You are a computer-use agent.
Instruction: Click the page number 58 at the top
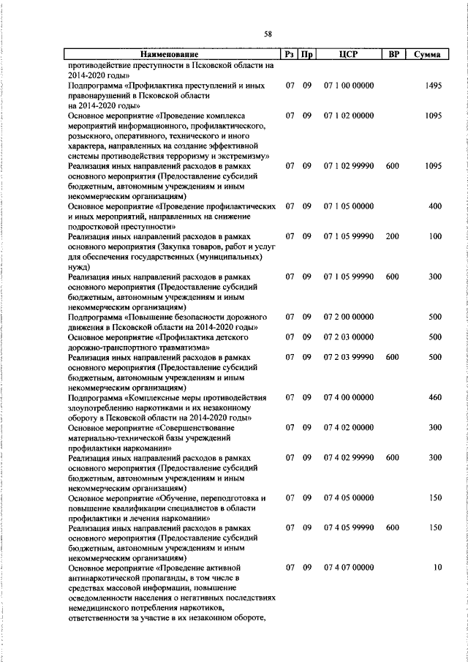click(268, 34)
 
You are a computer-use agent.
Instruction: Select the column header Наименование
click(170, 55)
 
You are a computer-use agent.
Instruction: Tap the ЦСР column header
click(348, 55)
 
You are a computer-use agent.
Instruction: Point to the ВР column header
click(393, 55)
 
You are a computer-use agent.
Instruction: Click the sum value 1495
click(433, 86)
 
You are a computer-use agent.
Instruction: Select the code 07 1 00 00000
click(349, 86)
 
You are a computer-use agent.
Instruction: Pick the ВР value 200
click(392, 236)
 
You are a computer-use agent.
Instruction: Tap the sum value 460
click(434, 397)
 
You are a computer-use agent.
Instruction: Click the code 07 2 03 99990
click(349, 357)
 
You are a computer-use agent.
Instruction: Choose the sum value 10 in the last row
click(437, 587)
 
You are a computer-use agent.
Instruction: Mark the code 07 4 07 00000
click(349, 587)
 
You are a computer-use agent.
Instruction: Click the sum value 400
click(434, 206)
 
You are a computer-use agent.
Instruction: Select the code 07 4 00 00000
click(349, 397)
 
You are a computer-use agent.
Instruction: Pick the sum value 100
click(434, 236)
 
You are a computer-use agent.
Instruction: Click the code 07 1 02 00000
click(349, 116)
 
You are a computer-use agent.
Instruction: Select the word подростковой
click(96, 227)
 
